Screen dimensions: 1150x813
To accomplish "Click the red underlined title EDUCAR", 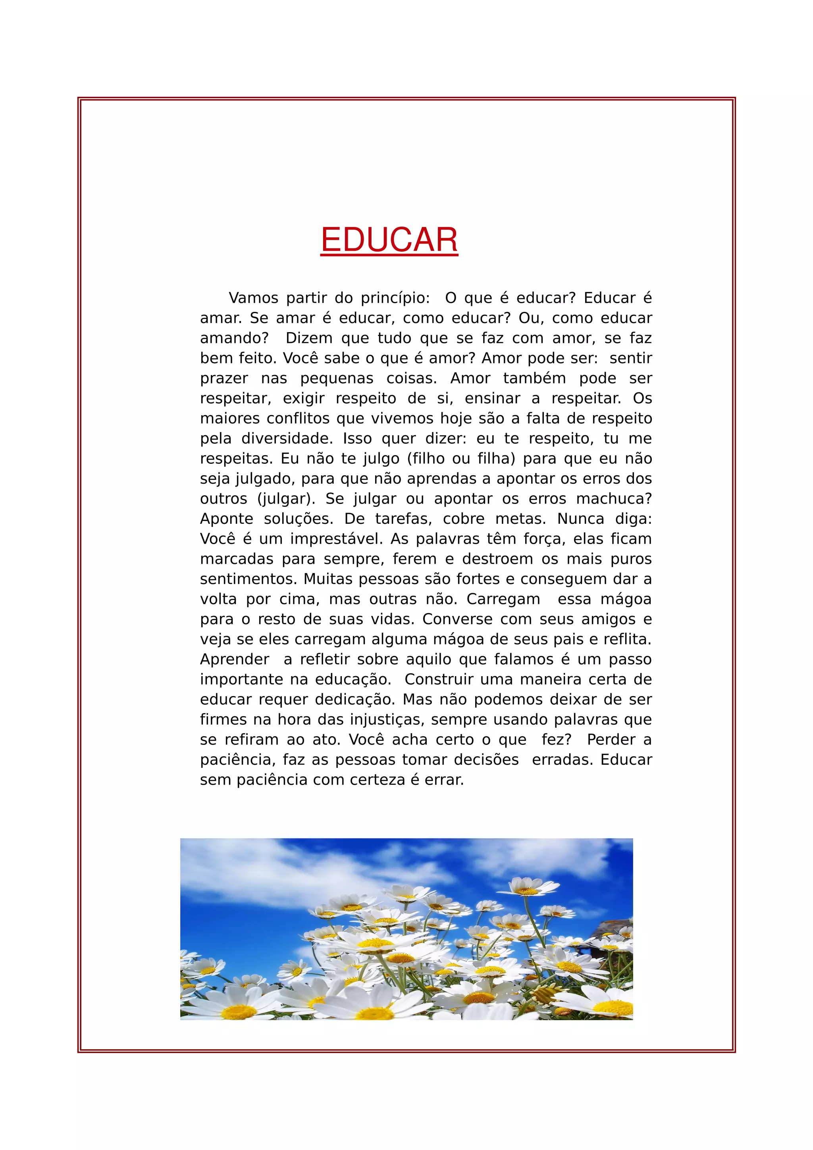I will pyautogui.click(x=389, y=240).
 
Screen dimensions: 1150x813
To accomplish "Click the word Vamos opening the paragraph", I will pyautogui.click(x=254, y=298).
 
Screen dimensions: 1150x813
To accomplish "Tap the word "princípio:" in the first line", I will pyautogui.click(x=395, y=298).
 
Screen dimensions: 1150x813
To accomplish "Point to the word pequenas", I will pyautogui.click(x=337, y=378).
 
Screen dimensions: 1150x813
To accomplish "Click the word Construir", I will pyautogui.click(x=432, y=679).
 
